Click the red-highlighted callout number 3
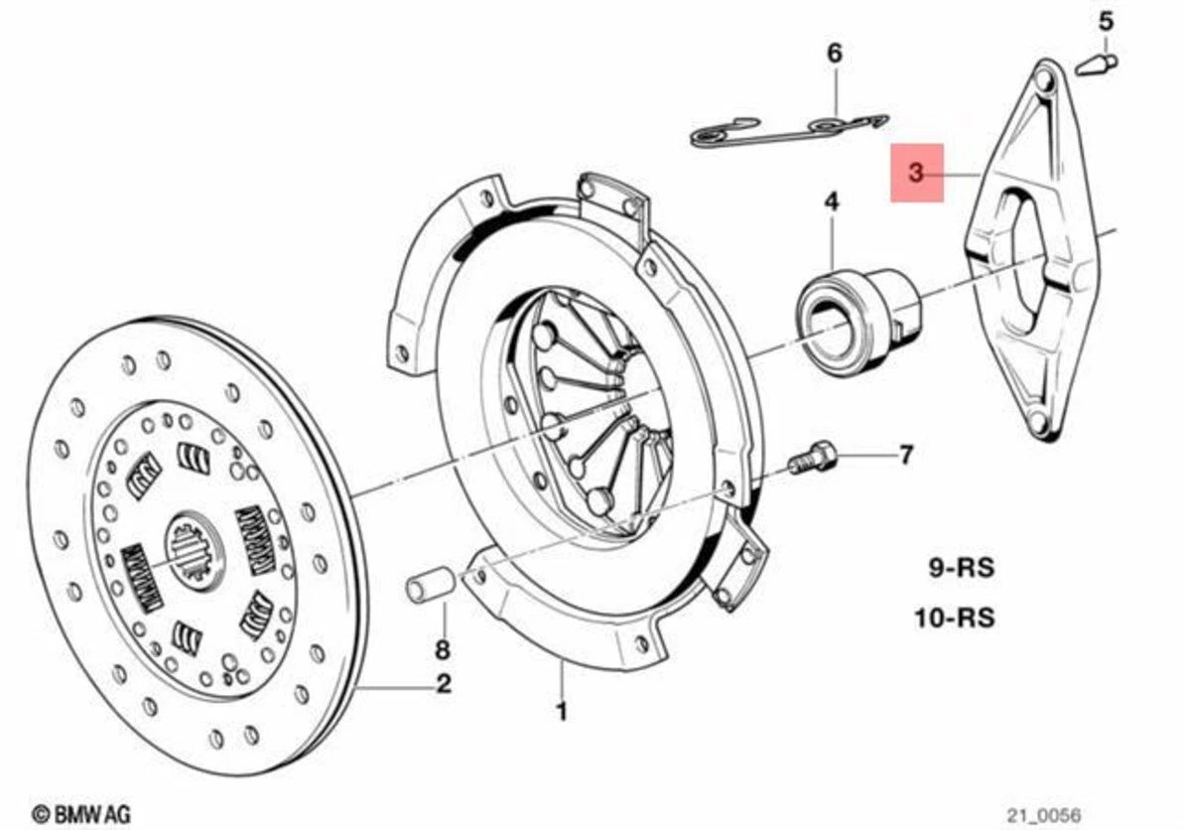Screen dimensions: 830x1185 tap(916, 173)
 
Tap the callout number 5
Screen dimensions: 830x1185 tap(1106, 19)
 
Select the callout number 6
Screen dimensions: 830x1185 tap(835, 53)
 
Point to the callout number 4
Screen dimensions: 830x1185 tap(831, 203)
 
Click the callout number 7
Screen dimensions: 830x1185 tap(905, 456)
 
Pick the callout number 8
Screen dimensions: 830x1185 tap(443, 651)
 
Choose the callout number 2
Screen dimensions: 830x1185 tap(444, 683)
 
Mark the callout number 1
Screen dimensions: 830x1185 tap(562, 712)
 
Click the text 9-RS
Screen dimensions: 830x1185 tap(961, 569)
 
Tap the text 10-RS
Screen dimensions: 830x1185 tap(954, 618)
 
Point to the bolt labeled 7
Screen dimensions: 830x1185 tap(813, 459)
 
